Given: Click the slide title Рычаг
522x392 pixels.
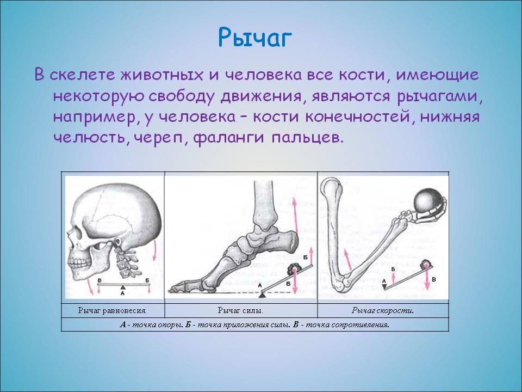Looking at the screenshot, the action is [x=255, y=38].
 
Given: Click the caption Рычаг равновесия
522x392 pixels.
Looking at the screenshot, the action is [x=113, y=311].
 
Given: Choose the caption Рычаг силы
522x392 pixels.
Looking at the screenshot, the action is [x=240, y=311].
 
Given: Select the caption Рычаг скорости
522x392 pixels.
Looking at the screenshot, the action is [x=383, y=311].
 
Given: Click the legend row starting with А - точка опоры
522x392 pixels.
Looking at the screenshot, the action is [x=254, y=324].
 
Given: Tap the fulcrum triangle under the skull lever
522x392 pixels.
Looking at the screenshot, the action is [x=123, y=287].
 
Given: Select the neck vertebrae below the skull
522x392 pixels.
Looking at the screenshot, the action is [x=125, y=258].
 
